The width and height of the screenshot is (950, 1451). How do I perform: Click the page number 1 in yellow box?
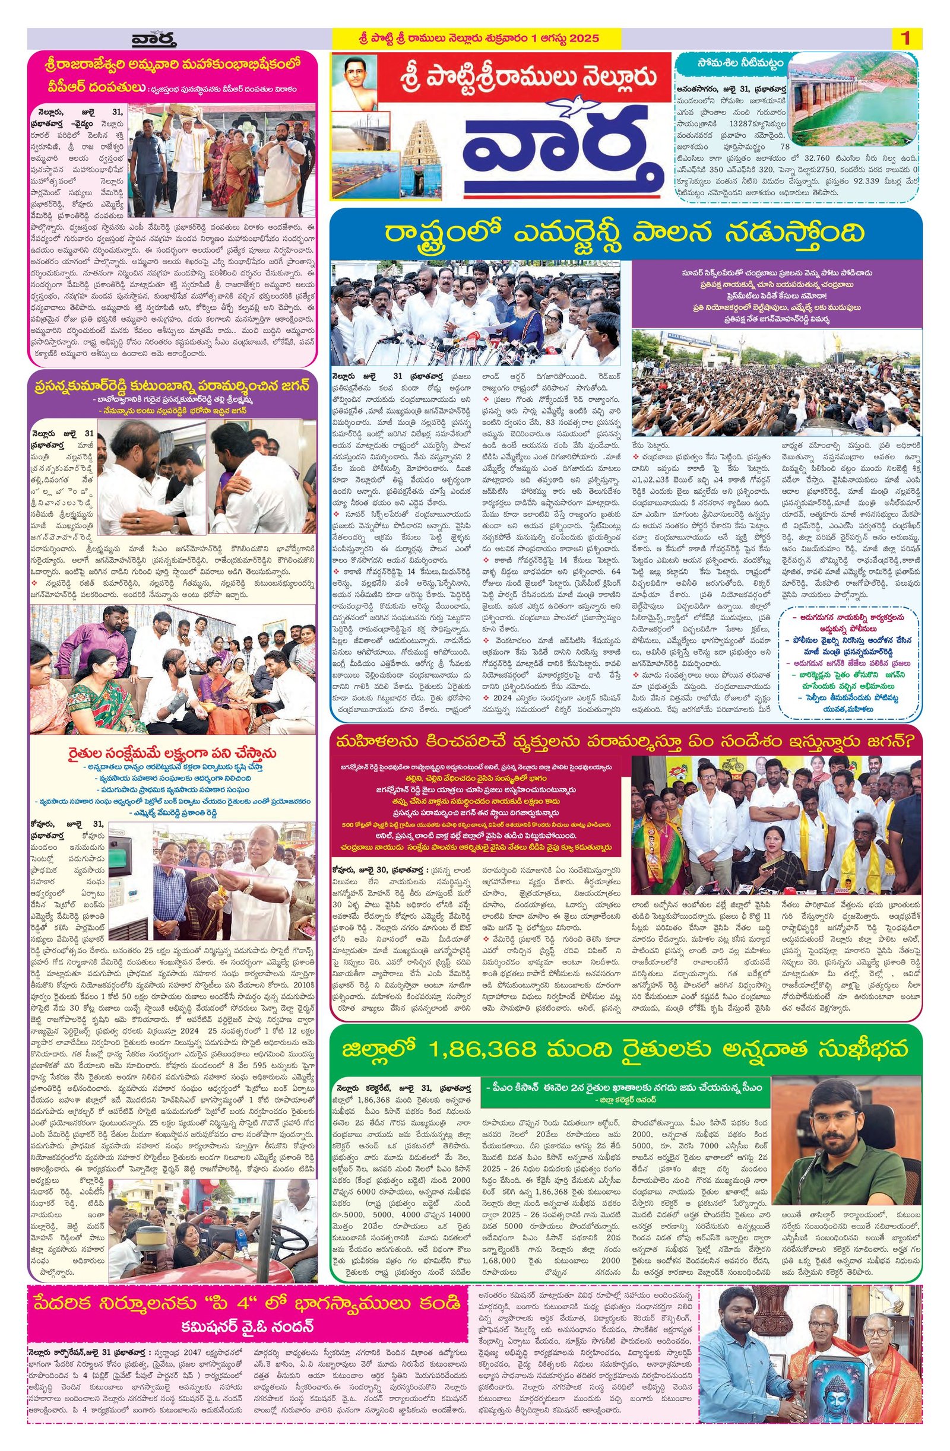(x=905, y=39)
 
